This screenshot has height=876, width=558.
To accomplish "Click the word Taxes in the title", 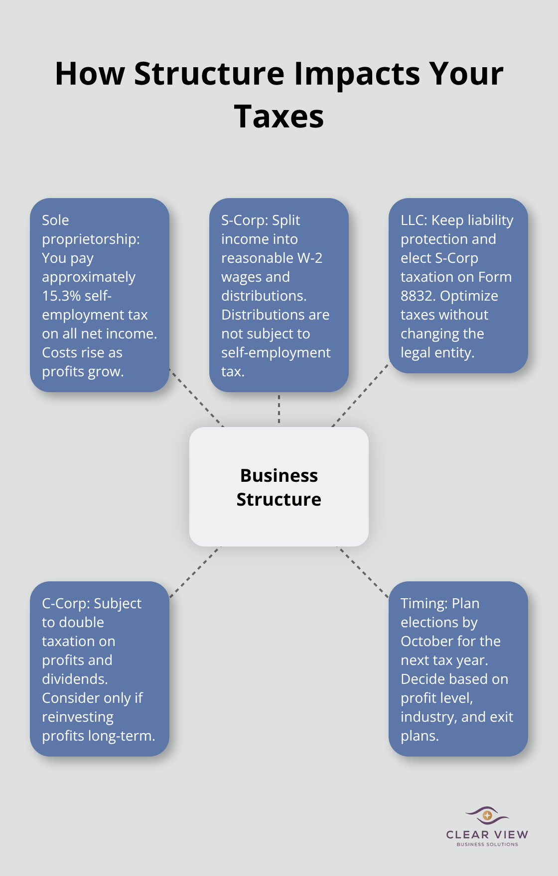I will pos(279,116).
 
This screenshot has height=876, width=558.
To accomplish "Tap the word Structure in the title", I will pos(209,74).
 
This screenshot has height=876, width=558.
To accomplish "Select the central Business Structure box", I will pos(279,487).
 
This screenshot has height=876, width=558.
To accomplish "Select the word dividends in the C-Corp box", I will pos(74,679).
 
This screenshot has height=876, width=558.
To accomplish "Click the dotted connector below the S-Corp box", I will pos(279,409).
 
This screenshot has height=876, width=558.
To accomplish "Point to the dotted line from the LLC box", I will pos(360,395).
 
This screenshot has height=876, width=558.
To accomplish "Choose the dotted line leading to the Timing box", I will pos(363,571).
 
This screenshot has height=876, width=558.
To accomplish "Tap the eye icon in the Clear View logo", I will pos(487,815).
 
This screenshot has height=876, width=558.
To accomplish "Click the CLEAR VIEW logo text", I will pos(487,835).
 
